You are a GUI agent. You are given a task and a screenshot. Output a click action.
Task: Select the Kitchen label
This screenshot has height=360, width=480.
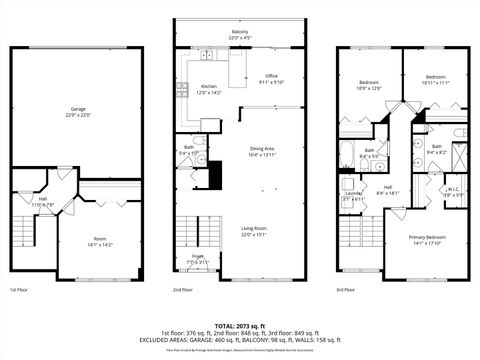point(210,88)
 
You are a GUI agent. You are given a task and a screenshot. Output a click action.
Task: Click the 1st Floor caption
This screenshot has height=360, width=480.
point(19,290)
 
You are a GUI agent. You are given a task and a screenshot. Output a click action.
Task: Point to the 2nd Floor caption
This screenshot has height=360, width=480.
point(182,290)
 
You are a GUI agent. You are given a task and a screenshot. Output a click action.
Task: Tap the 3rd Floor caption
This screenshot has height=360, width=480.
point(346,290)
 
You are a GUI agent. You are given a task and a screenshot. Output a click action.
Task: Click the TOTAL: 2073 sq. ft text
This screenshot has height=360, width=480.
point(240,325)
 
